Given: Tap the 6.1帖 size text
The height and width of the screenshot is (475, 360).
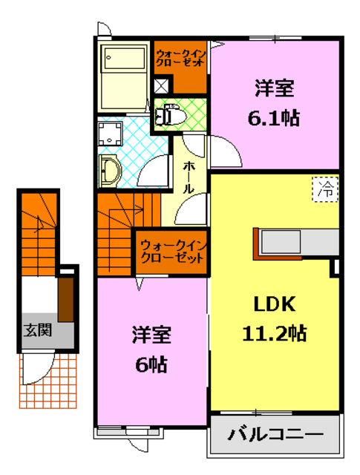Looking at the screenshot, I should (273, 117).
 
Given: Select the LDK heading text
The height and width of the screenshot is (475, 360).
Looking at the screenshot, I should (275, 304).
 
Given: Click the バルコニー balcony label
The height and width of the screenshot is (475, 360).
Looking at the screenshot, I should (275, 434).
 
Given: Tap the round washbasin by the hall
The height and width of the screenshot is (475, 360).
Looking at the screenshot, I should (110, 170).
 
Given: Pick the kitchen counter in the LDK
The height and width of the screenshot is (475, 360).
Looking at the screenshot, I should (297, 242).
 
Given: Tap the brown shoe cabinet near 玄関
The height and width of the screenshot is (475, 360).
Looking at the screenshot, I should (65, 300).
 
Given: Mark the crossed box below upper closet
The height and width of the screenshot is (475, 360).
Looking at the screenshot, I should (161, 84).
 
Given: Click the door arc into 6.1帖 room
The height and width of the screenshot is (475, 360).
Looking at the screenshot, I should (223, 151).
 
